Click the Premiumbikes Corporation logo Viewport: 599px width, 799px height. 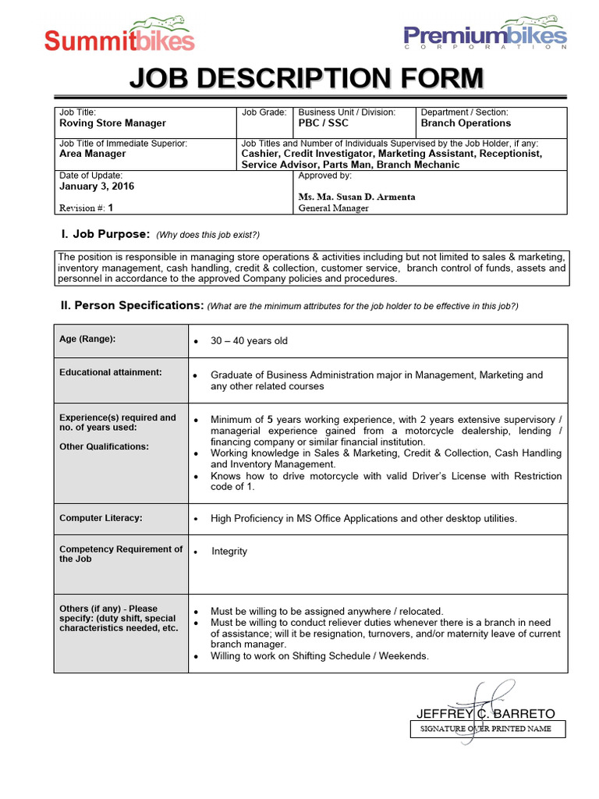(x=484, y=34)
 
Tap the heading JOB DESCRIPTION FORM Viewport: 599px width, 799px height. (x=306, y=79)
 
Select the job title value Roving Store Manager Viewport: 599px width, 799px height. (x=112, y=123)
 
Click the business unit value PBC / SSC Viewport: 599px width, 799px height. (x=324, y=123)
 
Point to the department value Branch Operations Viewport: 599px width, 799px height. (x=466, y=123)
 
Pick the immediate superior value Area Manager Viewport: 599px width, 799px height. (x=92, y=154)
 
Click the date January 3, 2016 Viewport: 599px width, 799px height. (x=97, y=186)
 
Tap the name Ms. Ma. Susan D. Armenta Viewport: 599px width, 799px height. (x=356, y=197)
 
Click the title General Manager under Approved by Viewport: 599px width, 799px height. (x=334, y=208)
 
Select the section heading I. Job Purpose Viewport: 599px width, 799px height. (x=105, y=234)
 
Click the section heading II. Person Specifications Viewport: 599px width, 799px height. (x=133, y=306)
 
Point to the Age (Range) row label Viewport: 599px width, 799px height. (x=87, y=339)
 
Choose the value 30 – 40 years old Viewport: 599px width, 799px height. (x=249, y=341)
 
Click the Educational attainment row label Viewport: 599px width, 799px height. (x=111, y=372)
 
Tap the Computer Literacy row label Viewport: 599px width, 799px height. (x=101, y=518)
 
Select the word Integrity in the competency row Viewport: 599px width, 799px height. (x=229, y=552)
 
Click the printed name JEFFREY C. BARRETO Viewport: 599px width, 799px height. (x=485, y=713)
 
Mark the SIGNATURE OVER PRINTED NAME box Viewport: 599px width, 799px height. (x=487, y=729)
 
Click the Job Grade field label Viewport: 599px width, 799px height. (x=264, y=113)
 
